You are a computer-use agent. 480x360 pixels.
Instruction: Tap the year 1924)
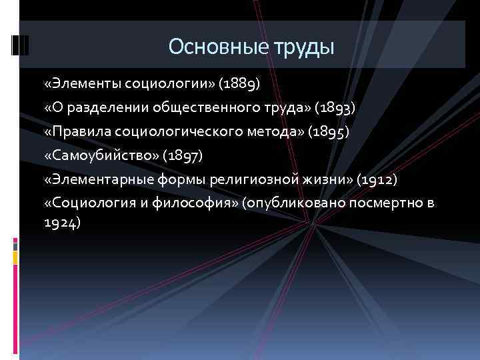point(62,223)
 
